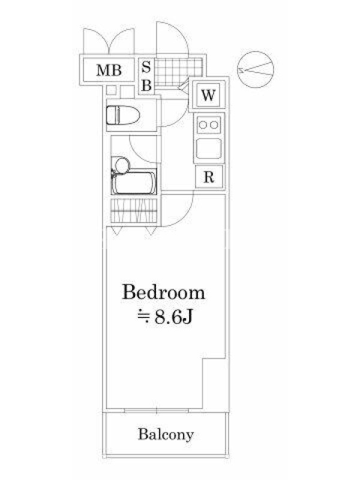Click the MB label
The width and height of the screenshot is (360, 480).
click(x=109, y=70)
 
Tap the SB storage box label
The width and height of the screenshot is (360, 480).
click(x=146, y=76)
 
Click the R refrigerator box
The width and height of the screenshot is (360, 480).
click(x=209, y=176)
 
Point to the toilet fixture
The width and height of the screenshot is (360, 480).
click(x=123, y=115)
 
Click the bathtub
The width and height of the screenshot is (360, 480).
click(x=134, y=183)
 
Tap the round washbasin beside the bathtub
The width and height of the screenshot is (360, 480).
click(x=122, y=166)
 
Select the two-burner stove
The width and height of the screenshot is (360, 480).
click(x=209, y=125)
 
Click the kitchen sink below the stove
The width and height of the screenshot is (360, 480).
click(x=209, y=148)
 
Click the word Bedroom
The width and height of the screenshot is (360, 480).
click(x=163, y=292)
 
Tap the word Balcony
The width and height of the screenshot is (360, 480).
click(x=166, y=434)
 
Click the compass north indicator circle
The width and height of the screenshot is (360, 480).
click(x=256, y=70)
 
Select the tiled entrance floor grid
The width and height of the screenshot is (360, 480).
click(x=179, y=71)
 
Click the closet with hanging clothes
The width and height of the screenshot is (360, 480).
click(x=134, y=211)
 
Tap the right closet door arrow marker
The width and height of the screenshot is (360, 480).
click(x=151, y=230)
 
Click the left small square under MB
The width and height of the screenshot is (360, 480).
click(x=112, y=91)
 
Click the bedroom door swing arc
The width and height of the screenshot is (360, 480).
click(x=185, y=216)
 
